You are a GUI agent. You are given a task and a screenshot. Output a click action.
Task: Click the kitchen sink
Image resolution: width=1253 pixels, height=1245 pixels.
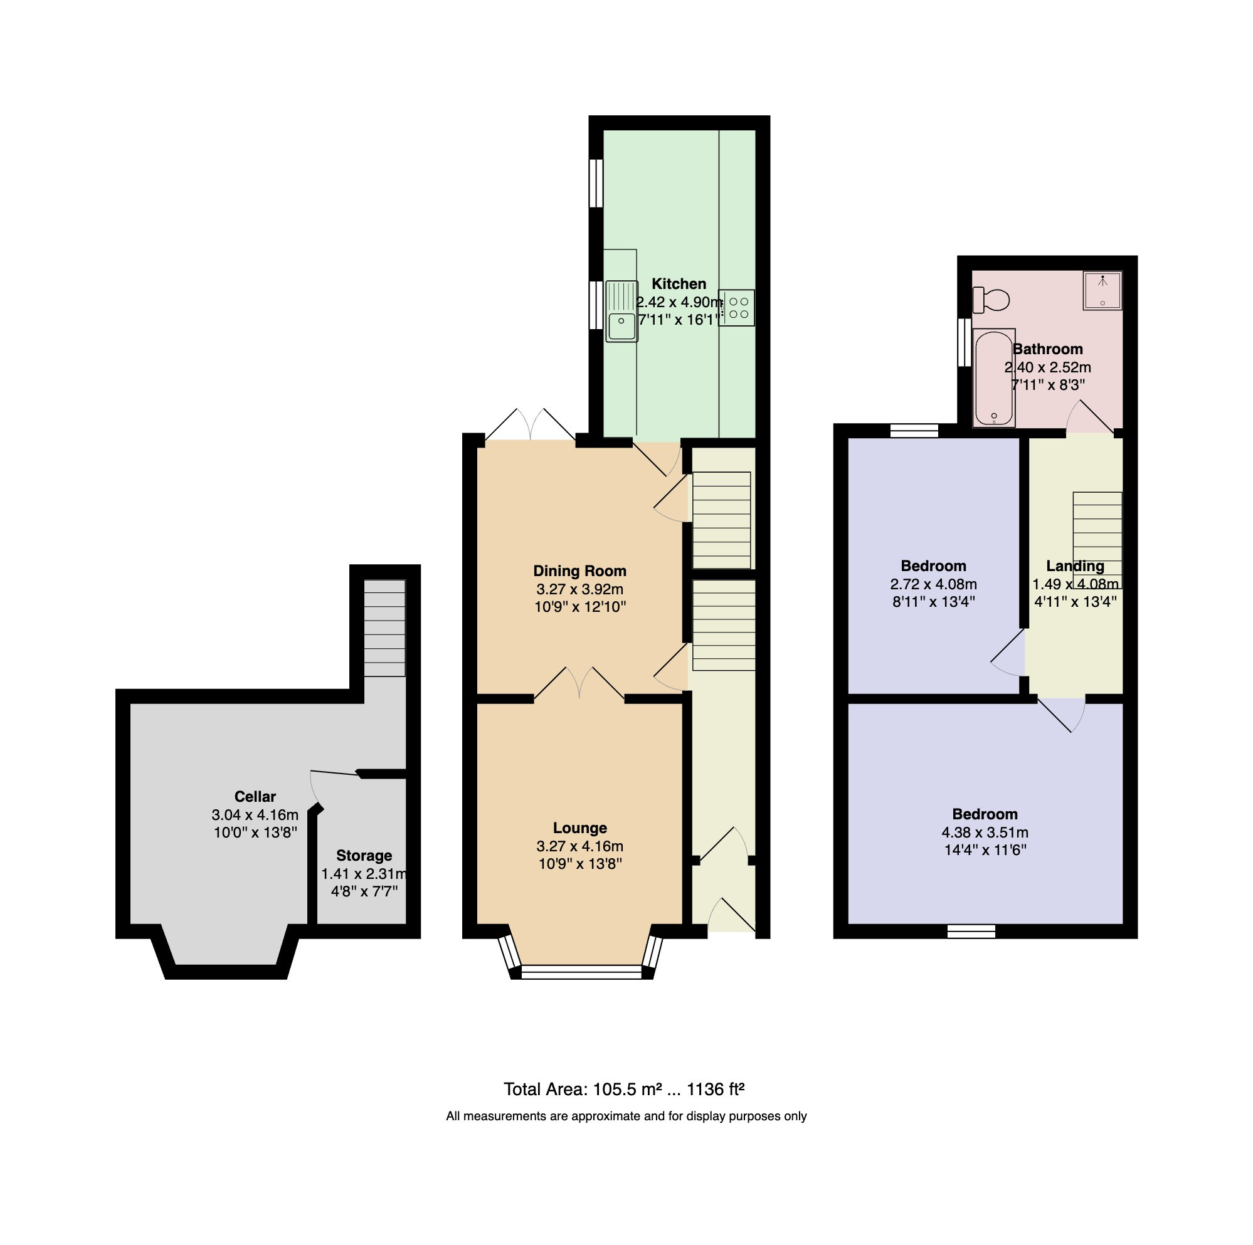tap(621, 310)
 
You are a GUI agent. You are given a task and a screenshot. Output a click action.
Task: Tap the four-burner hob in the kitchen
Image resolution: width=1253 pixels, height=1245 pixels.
tap(737, 307)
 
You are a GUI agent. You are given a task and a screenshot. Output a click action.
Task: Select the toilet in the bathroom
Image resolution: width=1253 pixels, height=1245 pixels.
tap(991, 300)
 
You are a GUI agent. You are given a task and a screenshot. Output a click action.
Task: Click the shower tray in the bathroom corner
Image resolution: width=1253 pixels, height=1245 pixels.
tap(1102, 290)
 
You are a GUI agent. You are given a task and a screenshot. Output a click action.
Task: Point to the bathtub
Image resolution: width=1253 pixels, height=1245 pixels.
tap(993, 378)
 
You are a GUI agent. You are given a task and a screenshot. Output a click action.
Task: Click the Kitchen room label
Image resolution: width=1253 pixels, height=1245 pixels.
tap(679, 284)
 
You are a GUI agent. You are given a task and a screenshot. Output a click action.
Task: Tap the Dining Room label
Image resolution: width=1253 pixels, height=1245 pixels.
tap(580, 571)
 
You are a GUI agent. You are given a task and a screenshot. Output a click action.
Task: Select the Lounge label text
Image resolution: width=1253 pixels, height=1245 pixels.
tap(580, 828)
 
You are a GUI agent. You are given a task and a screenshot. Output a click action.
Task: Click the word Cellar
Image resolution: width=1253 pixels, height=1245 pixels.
tap(255, 797)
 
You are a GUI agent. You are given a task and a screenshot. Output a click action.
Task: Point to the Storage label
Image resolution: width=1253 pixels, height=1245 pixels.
tap(364, 856)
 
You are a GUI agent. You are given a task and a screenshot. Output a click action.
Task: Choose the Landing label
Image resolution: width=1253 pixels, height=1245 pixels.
tap(1075, 566)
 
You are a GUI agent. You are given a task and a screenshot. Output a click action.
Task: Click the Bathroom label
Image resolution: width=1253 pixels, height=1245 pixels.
tap(1047, 349)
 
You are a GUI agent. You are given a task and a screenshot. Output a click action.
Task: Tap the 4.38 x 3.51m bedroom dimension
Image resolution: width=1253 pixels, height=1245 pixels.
tap(985, 833)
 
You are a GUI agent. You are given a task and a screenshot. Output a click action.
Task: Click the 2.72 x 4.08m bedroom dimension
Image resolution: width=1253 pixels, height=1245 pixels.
tap(933, 584)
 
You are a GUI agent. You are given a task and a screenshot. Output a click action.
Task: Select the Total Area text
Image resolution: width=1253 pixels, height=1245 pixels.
tap(624, 1090)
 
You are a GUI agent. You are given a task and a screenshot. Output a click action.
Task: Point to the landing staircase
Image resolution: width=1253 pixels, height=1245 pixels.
tap(1097, 540)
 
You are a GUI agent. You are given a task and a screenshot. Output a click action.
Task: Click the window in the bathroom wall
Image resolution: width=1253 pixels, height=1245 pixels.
tap(965, 342)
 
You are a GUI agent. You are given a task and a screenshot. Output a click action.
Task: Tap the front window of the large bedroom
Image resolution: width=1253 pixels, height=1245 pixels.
tap(971, 931)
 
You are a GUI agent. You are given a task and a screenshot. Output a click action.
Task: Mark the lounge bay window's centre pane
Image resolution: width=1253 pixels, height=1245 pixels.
tap(581, 971)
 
